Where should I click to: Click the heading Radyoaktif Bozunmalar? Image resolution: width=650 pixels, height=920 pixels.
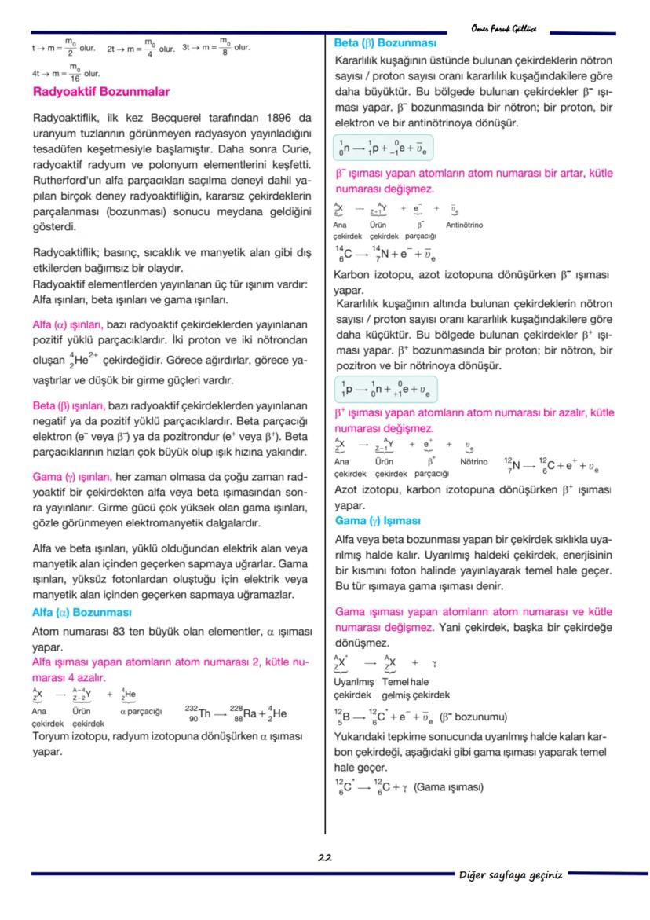[x=101, y=92]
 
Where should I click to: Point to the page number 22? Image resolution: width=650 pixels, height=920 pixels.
[x=324, y=857]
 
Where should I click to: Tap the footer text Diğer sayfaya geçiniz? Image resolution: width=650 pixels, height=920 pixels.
[x=511, y=874]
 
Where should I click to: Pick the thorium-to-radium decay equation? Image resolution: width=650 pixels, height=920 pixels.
[x=236, y=713]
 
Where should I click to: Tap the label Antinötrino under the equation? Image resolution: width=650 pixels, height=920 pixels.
[x=464, y=225]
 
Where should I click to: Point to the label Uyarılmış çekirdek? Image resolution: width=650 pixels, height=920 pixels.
[x=352, y=688]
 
